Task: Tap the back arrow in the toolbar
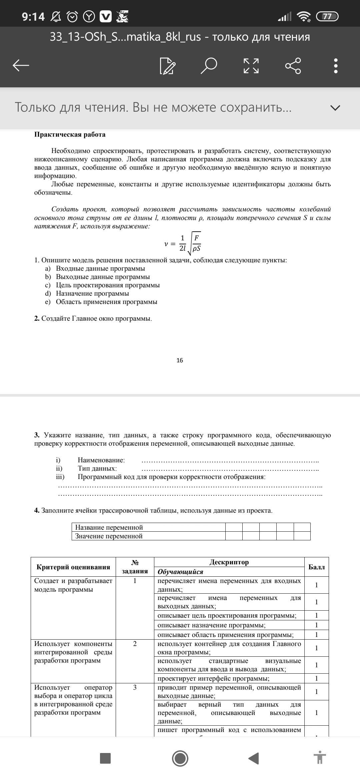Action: point(21,65)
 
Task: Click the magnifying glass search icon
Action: point(209,65)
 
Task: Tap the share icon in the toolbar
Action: point(293,65)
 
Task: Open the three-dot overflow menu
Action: point(336,66)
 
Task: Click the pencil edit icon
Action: point(167,66)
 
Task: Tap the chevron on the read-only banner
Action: point(335,108)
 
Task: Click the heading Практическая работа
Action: point(70,135)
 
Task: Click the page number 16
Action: point(180,360)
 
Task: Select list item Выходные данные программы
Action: point(103,277)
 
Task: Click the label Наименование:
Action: point(101,460)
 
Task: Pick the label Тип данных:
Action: point(97,468)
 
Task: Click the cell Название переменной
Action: point(109,527)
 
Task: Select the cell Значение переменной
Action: point(109,536)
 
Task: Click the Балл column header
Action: point(316,567)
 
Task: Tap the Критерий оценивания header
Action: point(73,567)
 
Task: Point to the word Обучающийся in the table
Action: point(180,572)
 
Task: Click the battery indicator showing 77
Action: point(327,16)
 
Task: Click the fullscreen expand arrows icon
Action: point(251,66)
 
